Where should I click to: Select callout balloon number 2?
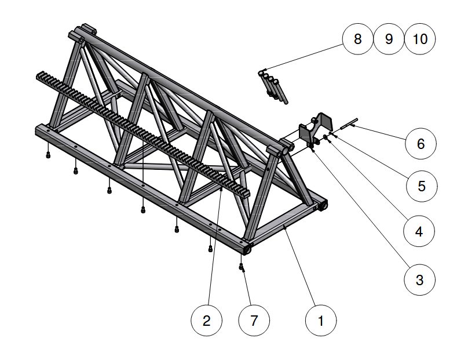click(x=207, y=320)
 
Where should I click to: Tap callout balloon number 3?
click(x=419, y=279)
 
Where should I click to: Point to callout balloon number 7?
click(x=254, y=320)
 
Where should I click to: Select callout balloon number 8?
click(x=357, y=39)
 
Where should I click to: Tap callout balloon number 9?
click(x=389, y=39)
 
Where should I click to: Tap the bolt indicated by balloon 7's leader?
click(x=242, y=267)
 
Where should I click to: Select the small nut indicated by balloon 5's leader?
click(x=326, y=137)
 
